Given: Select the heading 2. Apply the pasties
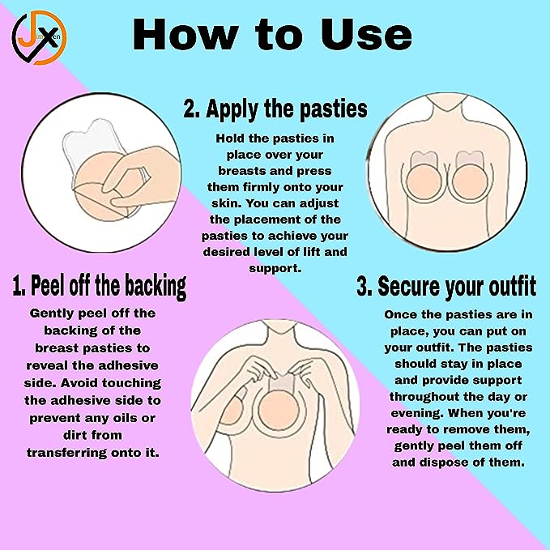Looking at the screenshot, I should coord(275,109).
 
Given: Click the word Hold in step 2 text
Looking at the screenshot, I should coord(231,139).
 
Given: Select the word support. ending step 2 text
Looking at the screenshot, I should coord(275,268).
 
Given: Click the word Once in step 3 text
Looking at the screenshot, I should coord(402,313).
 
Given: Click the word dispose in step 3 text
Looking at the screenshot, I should coord(444,463).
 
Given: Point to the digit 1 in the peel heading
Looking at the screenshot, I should coord(18,285).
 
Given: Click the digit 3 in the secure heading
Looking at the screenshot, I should coord(363,287).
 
